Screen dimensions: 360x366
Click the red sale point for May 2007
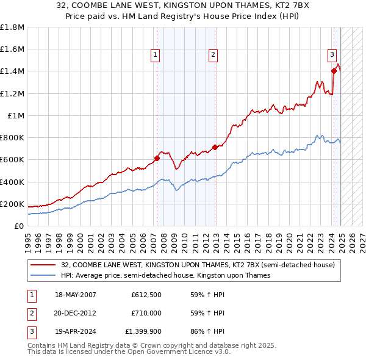pyautogui.click(x=157, y=158)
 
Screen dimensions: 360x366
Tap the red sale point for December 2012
pyautogui.click(x=215, y=147)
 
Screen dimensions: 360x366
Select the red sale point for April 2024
pyautogui.click(x=334, y=71)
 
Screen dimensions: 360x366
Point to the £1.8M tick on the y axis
pyautogui.click(x=12, y=27)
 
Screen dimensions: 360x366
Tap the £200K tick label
pyautogui.click(x=12, y=204)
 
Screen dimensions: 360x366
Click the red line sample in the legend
pyautogui.click(x=43, y=265)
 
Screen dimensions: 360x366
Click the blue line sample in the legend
pyautogui.click(x=43, y=276)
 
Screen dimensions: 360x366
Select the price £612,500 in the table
pyautogui.click(x=146, y=295)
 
